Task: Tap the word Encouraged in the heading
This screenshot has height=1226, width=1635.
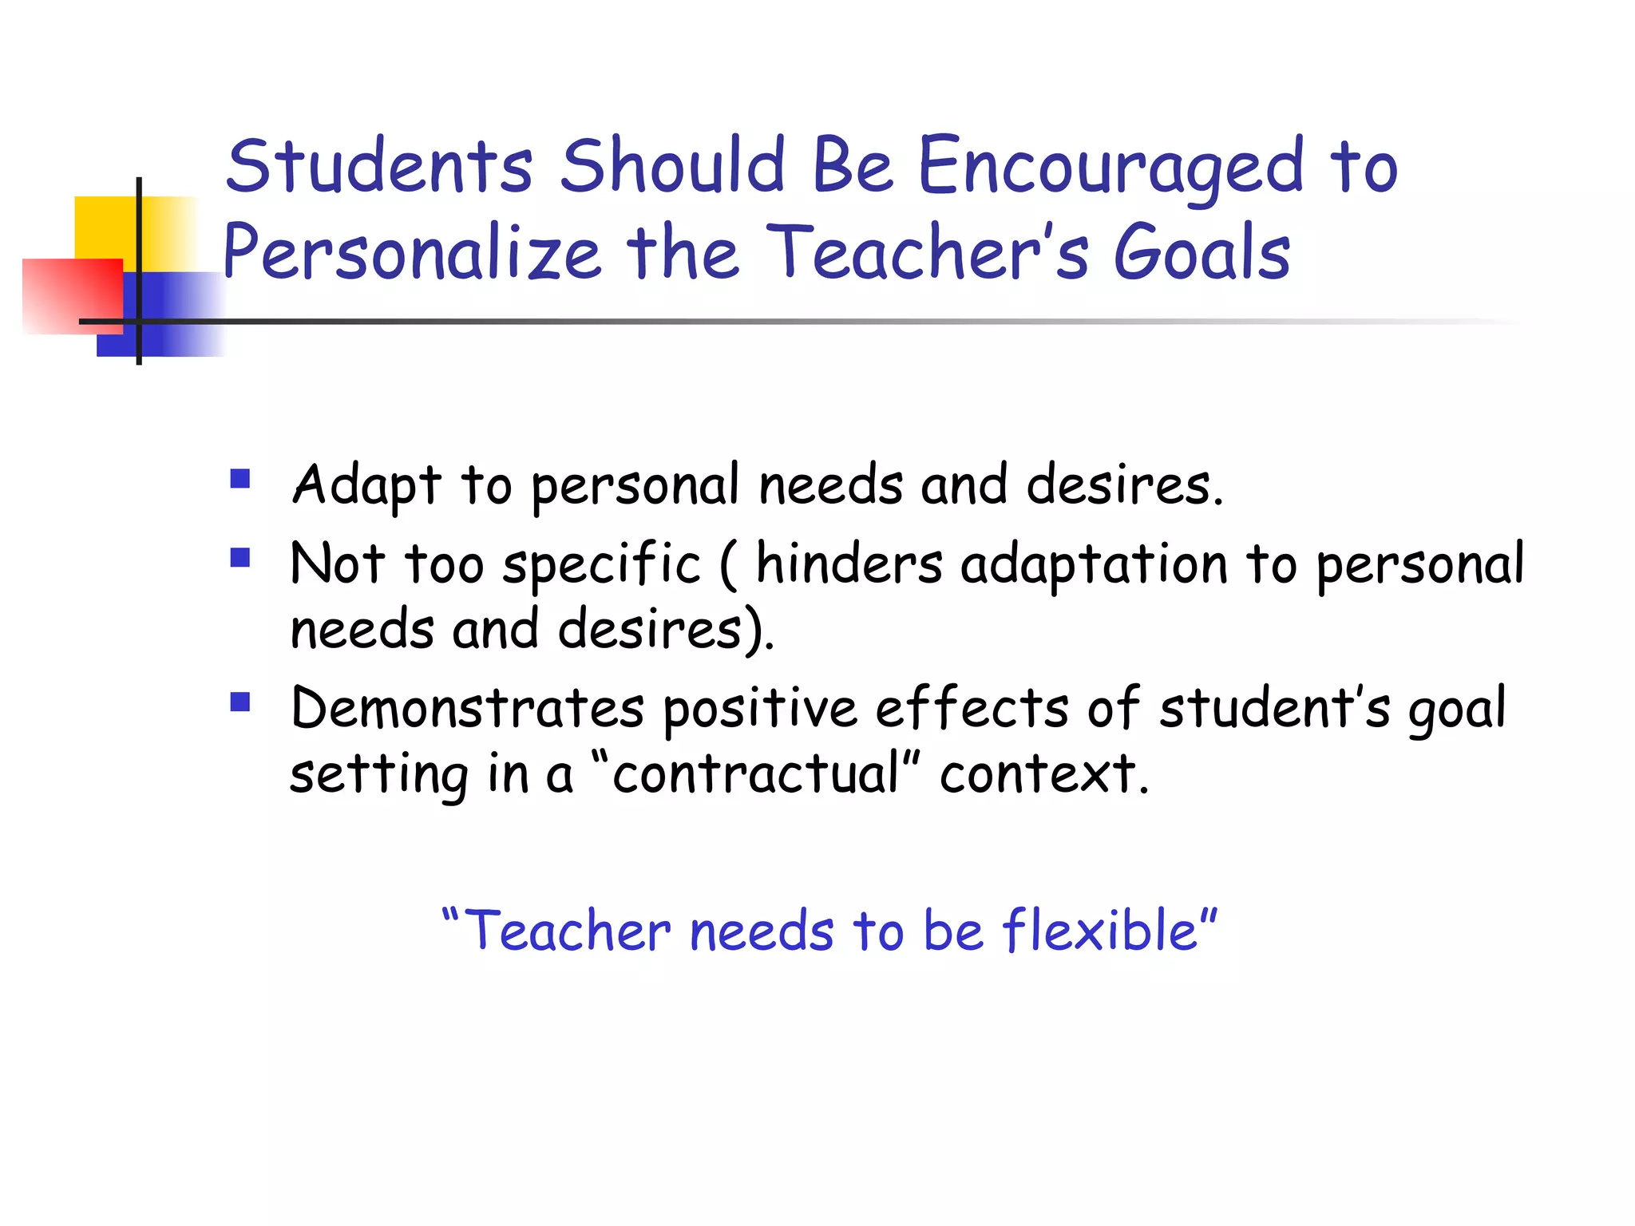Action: click(1110, 168)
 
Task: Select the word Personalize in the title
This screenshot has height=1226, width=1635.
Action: click(411, 254)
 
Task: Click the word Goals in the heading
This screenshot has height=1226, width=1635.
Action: click(1201, 254)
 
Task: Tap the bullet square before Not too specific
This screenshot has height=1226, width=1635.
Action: click(240, 556)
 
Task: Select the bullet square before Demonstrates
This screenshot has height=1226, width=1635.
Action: click(240, 702)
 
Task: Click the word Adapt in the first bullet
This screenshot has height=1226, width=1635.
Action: click(366, 484)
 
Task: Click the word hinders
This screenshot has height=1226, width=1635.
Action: click(849, 564)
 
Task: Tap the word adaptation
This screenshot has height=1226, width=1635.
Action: click(1094, 564)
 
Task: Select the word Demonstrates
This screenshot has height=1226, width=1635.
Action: click(467, 708)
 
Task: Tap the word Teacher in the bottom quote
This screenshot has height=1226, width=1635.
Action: click(567, 931)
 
